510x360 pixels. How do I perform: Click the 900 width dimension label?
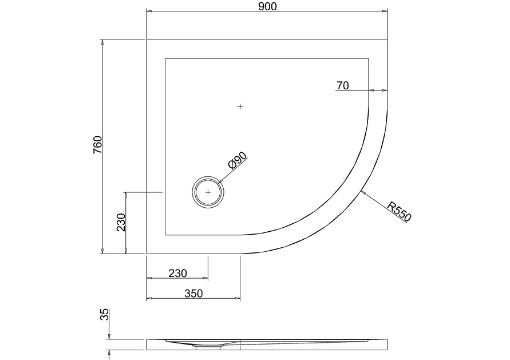(267, 6)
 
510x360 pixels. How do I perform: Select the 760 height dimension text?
(98, 144)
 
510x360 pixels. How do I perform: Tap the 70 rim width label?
(343, 86)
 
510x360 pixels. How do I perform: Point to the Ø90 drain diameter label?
(237, 160)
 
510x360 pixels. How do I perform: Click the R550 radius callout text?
(399, 211)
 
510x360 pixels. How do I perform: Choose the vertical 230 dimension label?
(122, 222)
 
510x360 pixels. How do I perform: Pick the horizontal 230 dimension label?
(178, 273)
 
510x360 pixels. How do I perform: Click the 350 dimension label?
(193, 293)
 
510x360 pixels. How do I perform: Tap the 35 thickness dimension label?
(105, 314)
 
